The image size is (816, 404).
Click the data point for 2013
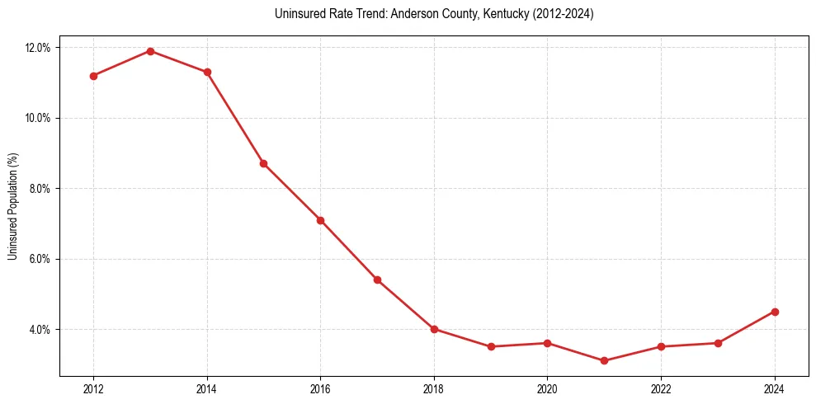click(x=150, y=51)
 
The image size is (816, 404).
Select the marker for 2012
click(x=93, y=76)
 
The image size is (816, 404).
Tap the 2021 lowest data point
click(x=604, y=360)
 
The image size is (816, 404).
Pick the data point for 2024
click(x=775, y=312)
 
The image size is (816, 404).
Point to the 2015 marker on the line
click(x=263, y=163)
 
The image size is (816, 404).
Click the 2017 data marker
click(x=377, y=280)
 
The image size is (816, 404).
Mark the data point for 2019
click(x=491, y=346)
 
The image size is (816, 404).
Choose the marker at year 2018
click(x=434, y=329)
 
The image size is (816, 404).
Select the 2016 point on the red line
click(x=320, y=220)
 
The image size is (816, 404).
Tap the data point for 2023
click(x=718, y=343)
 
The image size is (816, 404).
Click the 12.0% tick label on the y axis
click(x=38, y=48)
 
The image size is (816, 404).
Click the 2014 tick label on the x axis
click(x=207, y=388)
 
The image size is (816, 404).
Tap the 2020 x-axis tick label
click(x=548, y=388)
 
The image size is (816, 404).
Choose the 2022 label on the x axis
click(x=661, y=388)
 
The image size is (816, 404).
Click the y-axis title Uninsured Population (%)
click(x=12, y=206)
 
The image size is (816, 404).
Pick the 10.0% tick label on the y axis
click(x=38, y=118)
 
